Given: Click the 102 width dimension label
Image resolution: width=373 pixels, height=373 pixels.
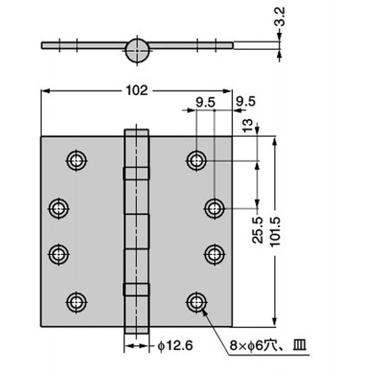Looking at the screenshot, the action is click(x=137, y=90).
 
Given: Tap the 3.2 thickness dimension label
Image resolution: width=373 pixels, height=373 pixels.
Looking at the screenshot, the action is click(x=280, y=16).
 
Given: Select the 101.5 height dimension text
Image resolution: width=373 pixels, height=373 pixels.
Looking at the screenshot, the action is click(x=276, y=232).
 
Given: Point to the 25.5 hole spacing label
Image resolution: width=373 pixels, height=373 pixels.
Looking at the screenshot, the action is click(x=258, y=230).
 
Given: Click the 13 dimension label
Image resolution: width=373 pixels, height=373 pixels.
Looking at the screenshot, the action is click(x=247, y=125).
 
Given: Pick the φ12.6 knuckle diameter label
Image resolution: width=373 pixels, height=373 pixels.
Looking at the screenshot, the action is click(x=175, y=345).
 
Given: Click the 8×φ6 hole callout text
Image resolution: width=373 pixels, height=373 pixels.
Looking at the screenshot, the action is click(x=268, y=345).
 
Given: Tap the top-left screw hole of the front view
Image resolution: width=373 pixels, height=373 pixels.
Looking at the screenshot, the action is click(x=76, y=160).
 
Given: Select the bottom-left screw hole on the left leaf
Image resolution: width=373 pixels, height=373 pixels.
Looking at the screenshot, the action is click(x=76, y=302).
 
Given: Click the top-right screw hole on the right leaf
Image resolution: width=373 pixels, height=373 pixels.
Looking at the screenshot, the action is click(x=196, y=161).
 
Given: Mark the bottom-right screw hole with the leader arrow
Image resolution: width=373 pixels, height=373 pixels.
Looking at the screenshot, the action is click(x=196, y=302).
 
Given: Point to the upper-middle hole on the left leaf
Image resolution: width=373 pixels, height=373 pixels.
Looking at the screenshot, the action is click(x=59, y=208).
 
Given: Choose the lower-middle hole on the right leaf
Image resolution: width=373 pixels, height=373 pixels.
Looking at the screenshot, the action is click(x=214, y=254).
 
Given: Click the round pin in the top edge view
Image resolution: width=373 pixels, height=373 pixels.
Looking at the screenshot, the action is click(x=137, y=50).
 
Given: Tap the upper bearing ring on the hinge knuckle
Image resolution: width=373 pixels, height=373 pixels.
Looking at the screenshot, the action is click(x=136, y=173).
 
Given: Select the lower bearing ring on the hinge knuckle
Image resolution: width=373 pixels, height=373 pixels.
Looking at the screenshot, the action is click(x=136, y=290).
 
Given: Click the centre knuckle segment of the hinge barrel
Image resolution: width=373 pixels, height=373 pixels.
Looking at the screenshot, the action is click(x=137, y=231).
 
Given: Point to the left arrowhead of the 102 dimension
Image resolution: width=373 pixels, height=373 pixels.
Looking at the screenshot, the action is click(x=45, y=91).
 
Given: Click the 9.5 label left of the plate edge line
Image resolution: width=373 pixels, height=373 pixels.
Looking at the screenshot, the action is click(x=205, y=103).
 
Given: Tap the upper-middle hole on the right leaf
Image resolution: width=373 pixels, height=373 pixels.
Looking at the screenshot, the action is click(x=214, y=208).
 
